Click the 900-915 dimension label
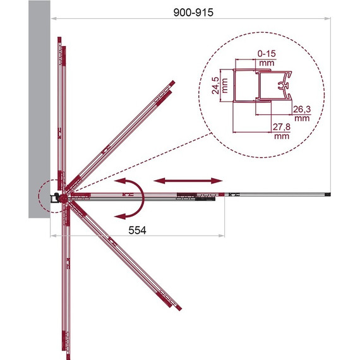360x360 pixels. tap(193, 13)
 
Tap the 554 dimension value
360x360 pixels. tap(137, 230)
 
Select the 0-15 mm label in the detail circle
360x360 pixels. tap(267, 58)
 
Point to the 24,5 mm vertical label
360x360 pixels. tap(220, 85)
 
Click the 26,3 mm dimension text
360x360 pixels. tap(302, 114)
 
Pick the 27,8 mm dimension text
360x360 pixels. tap(282, 131)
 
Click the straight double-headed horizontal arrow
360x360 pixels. tap(188, 181)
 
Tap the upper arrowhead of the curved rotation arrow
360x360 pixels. tap(120, 181)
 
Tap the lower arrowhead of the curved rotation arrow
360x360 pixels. tap(120, 216)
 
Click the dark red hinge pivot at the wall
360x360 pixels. tap(64, 198)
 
